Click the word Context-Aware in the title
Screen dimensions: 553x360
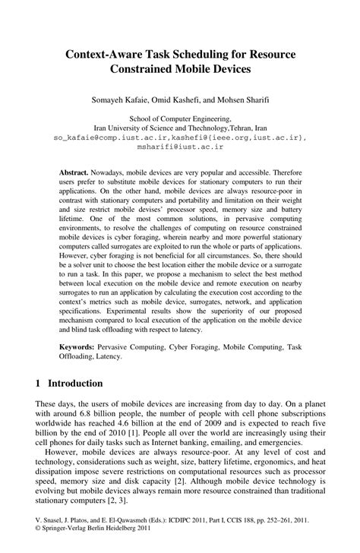(x=106, y=57)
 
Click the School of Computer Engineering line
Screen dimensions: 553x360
(x=180, y=119)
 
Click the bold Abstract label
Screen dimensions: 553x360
(x=74, y=173)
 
